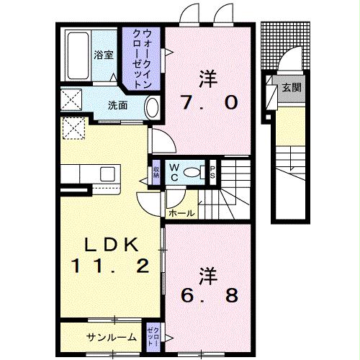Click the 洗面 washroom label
[x=118, y=105]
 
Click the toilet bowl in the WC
[x=191, y=172]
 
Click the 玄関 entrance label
[x=291, y=88]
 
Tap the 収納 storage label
[x=156, y=173]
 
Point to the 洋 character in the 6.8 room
[x=207, y=274]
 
